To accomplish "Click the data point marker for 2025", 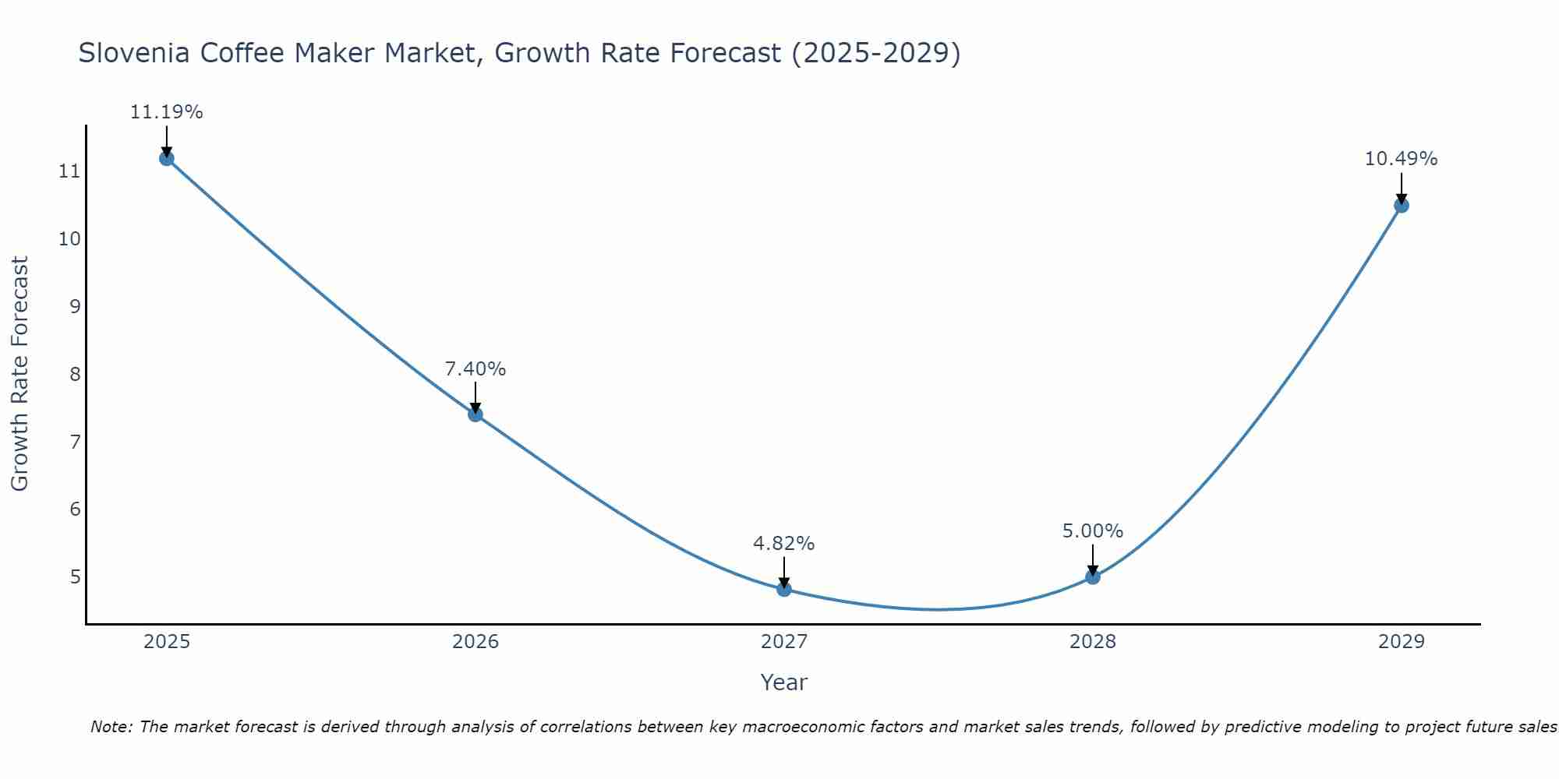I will point(166,158).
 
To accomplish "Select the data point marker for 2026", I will point(475,414).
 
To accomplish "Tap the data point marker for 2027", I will point(784,589).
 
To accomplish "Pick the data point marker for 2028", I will point(1093,576).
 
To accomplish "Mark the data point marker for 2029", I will point(1402,206).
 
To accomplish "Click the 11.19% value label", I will point(166,112).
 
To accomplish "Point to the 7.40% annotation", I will point(475,369).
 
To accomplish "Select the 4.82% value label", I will point(784,544).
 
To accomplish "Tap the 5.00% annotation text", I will point(1093,531).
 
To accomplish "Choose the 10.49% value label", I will point(1401,159).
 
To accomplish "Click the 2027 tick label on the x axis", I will point(784,642).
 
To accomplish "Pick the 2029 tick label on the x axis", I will point(1402,642).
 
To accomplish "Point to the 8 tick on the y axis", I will point(75,374).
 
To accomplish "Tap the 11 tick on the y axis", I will point(70,171).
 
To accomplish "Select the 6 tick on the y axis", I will point(75,509).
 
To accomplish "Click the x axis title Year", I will point(784,682).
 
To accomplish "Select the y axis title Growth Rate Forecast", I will point(20,374).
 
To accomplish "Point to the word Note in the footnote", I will point(111,727).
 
